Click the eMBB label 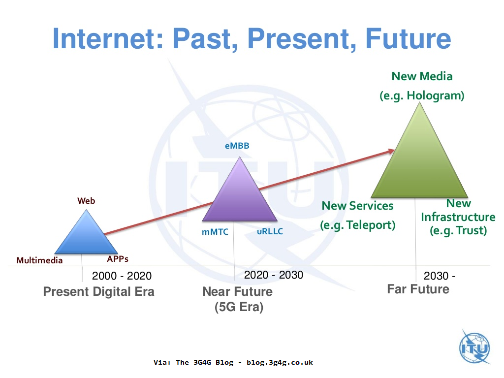pos(237,146)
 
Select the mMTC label pos(215,232)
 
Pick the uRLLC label pos(270,232)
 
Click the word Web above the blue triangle pos(86,201)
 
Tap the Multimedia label pos(39,260)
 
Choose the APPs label pos(118,259)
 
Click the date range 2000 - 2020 pos(122,276)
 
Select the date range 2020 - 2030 pos(274,275)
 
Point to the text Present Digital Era pos(98,291)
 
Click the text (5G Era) pos(239,308)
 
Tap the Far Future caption pos(418,289)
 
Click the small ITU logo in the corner pos(474,347)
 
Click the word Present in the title pos(293,39)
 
